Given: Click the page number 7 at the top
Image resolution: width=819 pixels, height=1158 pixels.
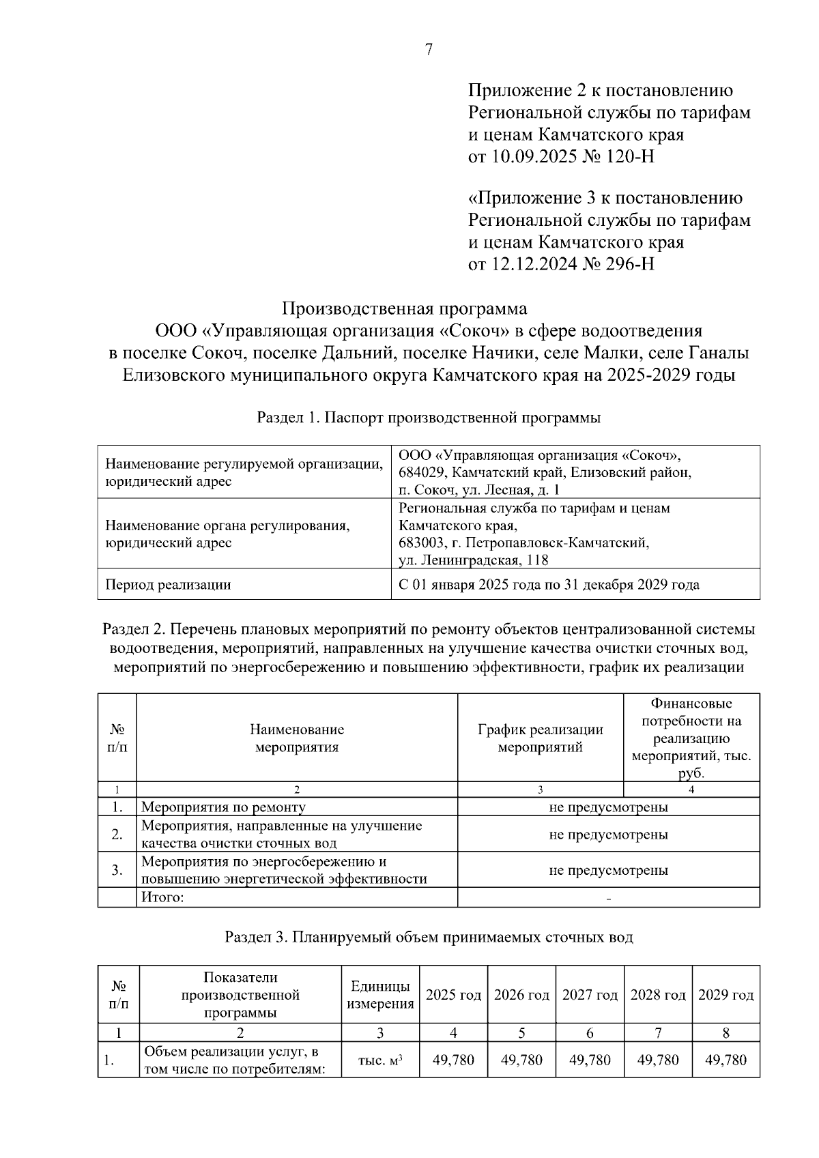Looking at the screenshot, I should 429,49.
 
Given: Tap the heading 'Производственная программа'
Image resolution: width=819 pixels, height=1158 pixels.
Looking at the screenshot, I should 405,308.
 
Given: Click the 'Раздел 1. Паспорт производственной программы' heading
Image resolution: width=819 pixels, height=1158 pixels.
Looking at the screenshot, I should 428,418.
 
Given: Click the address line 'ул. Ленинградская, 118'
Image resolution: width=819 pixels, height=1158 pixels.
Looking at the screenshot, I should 473,560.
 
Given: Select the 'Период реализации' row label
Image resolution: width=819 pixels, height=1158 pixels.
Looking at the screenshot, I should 168,585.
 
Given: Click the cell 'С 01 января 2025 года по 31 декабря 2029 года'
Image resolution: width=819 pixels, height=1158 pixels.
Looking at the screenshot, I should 549,585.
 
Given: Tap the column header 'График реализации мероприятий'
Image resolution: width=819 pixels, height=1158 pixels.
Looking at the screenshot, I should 540,738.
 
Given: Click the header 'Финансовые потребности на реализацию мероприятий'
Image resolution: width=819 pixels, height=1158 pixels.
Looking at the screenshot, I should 691,738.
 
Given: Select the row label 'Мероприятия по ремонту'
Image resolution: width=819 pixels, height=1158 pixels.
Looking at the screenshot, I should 223,807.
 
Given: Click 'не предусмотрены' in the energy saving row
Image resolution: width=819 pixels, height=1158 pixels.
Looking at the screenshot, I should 608,870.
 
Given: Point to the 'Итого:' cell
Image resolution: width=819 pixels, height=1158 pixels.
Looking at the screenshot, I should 162,897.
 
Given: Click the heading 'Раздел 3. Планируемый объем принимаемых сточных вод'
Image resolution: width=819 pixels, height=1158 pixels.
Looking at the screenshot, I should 429,937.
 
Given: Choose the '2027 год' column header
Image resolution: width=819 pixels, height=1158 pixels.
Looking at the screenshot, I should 590,995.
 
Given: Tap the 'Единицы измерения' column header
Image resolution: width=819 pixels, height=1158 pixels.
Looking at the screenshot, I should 380,995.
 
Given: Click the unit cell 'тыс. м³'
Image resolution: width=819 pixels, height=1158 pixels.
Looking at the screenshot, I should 380,1060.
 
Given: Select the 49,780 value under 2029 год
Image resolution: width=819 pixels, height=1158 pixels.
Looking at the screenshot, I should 725,1060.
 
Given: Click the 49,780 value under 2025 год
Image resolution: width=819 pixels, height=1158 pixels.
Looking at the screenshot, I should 453,1060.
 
